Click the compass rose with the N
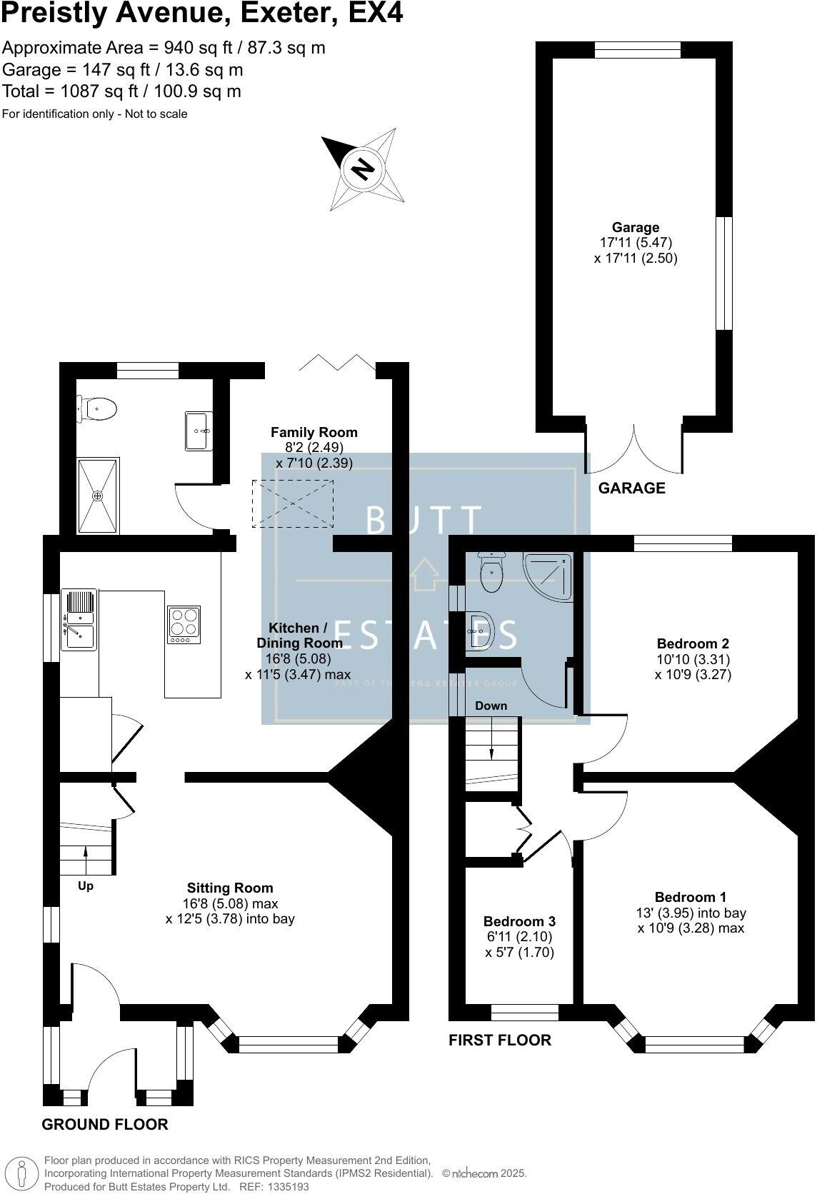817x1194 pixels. click(x=363, y=169)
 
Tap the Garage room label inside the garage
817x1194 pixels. click(x=635, y=228)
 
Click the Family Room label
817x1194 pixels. click(x=314, y=432)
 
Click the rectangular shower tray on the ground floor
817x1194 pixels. click(x=99, y=495)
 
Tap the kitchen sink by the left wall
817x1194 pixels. click(x=79, y=618)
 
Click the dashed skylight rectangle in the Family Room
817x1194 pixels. click(x=293, y=503)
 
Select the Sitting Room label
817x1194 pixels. click(x=230, y=888)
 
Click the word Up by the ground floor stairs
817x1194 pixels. click(x=86, y=886)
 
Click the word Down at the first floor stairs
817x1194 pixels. click(x=491, y=706)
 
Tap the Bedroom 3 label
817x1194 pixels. click(x=519, y=921)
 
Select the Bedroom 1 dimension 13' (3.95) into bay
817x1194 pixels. click(x=691, y=913)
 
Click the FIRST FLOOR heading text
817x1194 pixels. click(x=499, y=1040)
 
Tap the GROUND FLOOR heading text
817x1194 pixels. click(x=104, y=1125)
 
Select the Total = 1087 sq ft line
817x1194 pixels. click(x=121, y=91)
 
